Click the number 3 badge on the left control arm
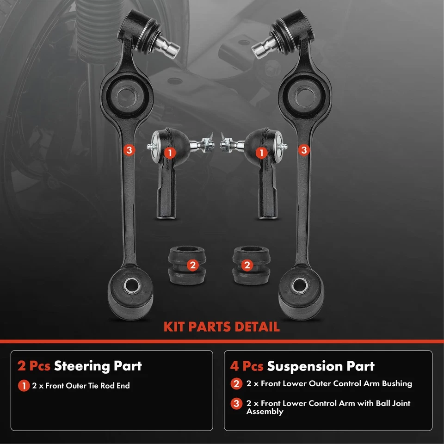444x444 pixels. tap(129, 150)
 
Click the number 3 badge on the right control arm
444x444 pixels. tap(304, 150)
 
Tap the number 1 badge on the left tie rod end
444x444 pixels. tap(170, 152)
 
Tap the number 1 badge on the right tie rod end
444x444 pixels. tap(262, 152)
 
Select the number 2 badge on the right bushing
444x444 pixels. tap(247, 265)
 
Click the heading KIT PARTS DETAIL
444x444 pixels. tap(222, 327)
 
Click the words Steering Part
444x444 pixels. tap(98, 366)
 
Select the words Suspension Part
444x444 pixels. tap(321, 366)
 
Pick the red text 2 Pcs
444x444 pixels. tap(34, 366)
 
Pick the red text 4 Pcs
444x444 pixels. tap(247, 366)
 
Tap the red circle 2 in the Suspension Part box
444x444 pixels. tap(236, 383)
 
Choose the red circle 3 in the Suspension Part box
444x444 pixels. tap(236, 404)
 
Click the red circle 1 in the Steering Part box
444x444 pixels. tap(24, 385)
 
